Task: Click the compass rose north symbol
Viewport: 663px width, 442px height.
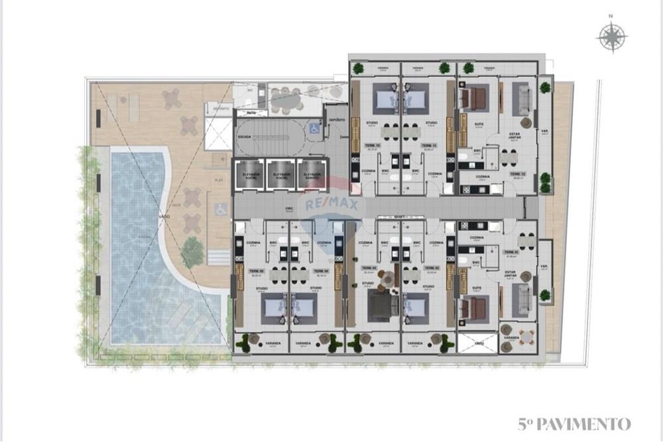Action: pyautogui.click(x=611, y=36)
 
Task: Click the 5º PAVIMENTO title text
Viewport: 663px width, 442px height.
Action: pyautogui.click(x=574, y=424)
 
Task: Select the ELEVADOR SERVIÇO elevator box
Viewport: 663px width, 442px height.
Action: pyautogui.click(x=313, y=175)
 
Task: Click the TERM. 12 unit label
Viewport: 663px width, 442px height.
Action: pyautogui.click(x=518, y=174)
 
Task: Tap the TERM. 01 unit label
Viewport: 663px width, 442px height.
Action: pyautogui.click(x=510, y=252)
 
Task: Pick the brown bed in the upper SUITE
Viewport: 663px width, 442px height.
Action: pyautogui.click(x=474, y=99)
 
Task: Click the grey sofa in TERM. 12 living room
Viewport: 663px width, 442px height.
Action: pyautogui.click(x=520, y=99)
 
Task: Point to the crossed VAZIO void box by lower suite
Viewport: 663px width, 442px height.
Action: pyautogui.click(x=477, y=343)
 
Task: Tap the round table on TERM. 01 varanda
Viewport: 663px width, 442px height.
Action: pyautogui.click(x=526, y=335)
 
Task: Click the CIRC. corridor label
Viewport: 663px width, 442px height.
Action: pyautogui.click(x=289, y=209)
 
